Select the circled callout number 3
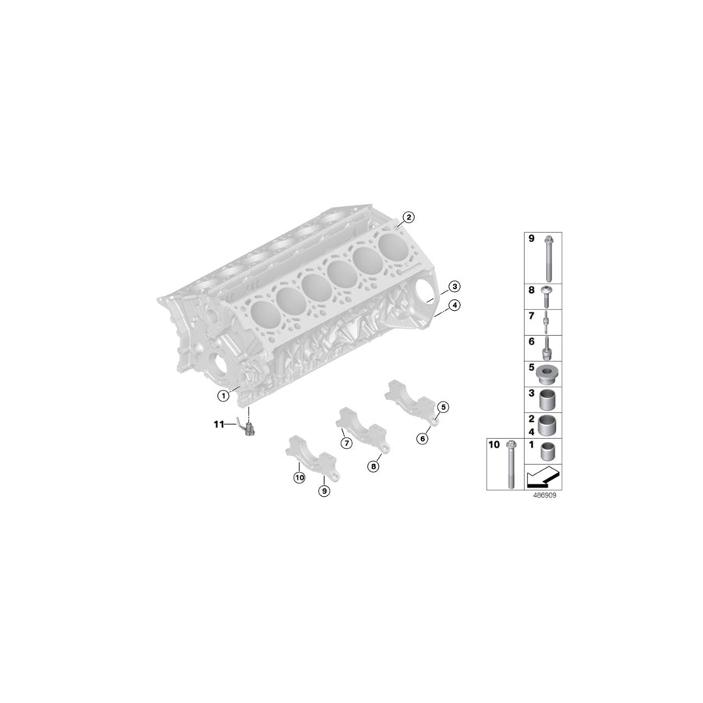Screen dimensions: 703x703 click(x=454, y=287)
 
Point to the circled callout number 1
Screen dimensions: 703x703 click(x=223, y=395)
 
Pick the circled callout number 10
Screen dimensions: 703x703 click(x=298, y=477)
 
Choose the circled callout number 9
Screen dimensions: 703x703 click(x=324, y=490)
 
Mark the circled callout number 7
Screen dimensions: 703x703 click(x=344, y=443)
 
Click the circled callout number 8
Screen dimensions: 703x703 click(x=373, y=466)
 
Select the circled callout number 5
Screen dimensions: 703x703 click(x=443, y=407)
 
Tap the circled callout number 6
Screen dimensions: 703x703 click(x=423, y=438)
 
